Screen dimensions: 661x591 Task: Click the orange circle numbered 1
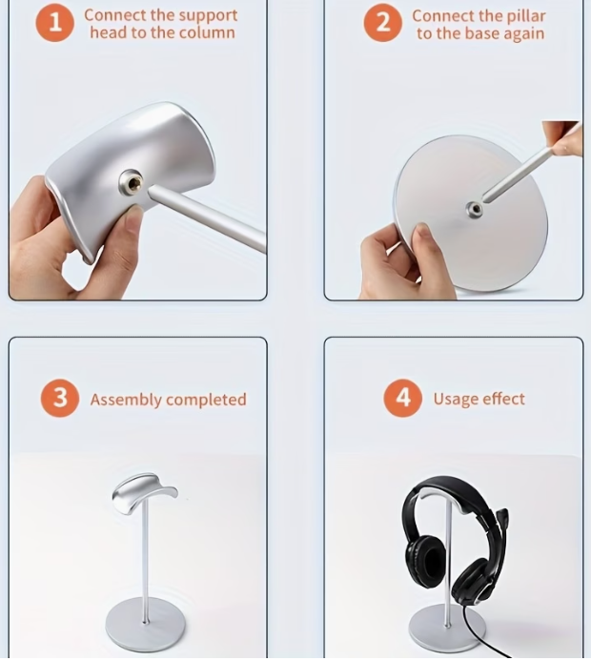tap(55, 24)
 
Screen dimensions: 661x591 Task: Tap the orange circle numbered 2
tap(382, 24)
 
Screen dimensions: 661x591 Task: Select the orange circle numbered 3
tap(60, 399)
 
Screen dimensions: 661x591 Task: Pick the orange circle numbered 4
tap(402, 399)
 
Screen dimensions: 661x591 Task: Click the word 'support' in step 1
tap(207, 15)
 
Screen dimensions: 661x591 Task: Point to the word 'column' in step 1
tap(208, 32)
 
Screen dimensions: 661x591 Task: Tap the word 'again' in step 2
tap(523, 33)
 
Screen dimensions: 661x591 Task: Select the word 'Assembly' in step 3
tap(126, 400)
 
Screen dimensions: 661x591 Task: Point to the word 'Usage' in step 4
tap(455, 399)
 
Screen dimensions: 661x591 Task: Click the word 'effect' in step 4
tap(503, 399)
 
